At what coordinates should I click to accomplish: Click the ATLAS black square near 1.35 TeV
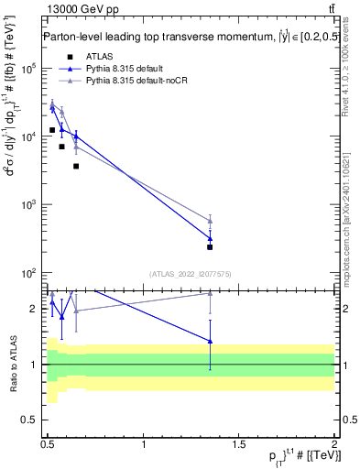pos(211,247)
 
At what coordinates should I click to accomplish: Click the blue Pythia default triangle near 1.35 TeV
pos(211,239)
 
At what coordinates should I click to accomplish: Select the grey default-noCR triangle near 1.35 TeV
pos(211,221)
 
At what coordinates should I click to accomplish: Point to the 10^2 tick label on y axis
pos(29,273)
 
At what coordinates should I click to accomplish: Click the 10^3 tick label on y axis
pos(29,205)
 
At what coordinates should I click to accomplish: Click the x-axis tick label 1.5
pos(239,444)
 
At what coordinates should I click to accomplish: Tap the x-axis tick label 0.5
pos(48,444)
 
